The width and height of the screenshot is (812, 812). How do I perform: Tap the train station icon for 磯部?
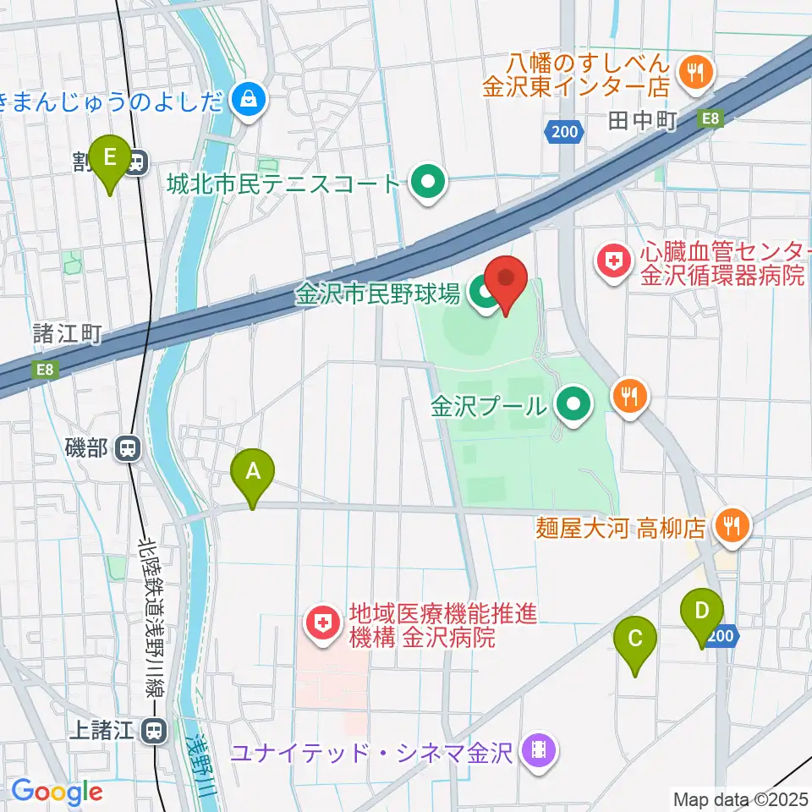coord(128,447)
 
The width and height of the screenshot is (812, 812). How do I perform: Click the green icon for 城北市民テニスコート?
coord(429,182)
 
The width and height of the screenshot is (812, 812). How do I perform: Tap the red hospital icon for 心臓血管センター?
coord(613,261)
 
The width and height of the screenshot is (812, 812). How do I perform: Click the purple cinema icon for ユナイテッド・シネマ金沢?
coord(539,750)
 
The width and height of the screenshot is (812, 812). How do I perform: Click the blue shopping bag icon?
coord(251,101)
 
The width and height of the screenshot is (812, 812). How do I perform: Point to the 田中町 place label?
coord(643,122)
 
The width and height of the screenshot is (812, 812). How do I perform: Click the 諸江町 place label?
coord(68,333)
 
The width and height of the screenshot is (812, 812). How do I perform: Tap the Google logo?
coord(58,793)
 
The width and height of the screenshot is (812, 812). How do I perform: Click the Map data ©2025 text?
coord(739,798)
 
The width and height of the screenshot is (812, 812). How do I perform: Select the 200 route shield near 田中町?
coord(562,131)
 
